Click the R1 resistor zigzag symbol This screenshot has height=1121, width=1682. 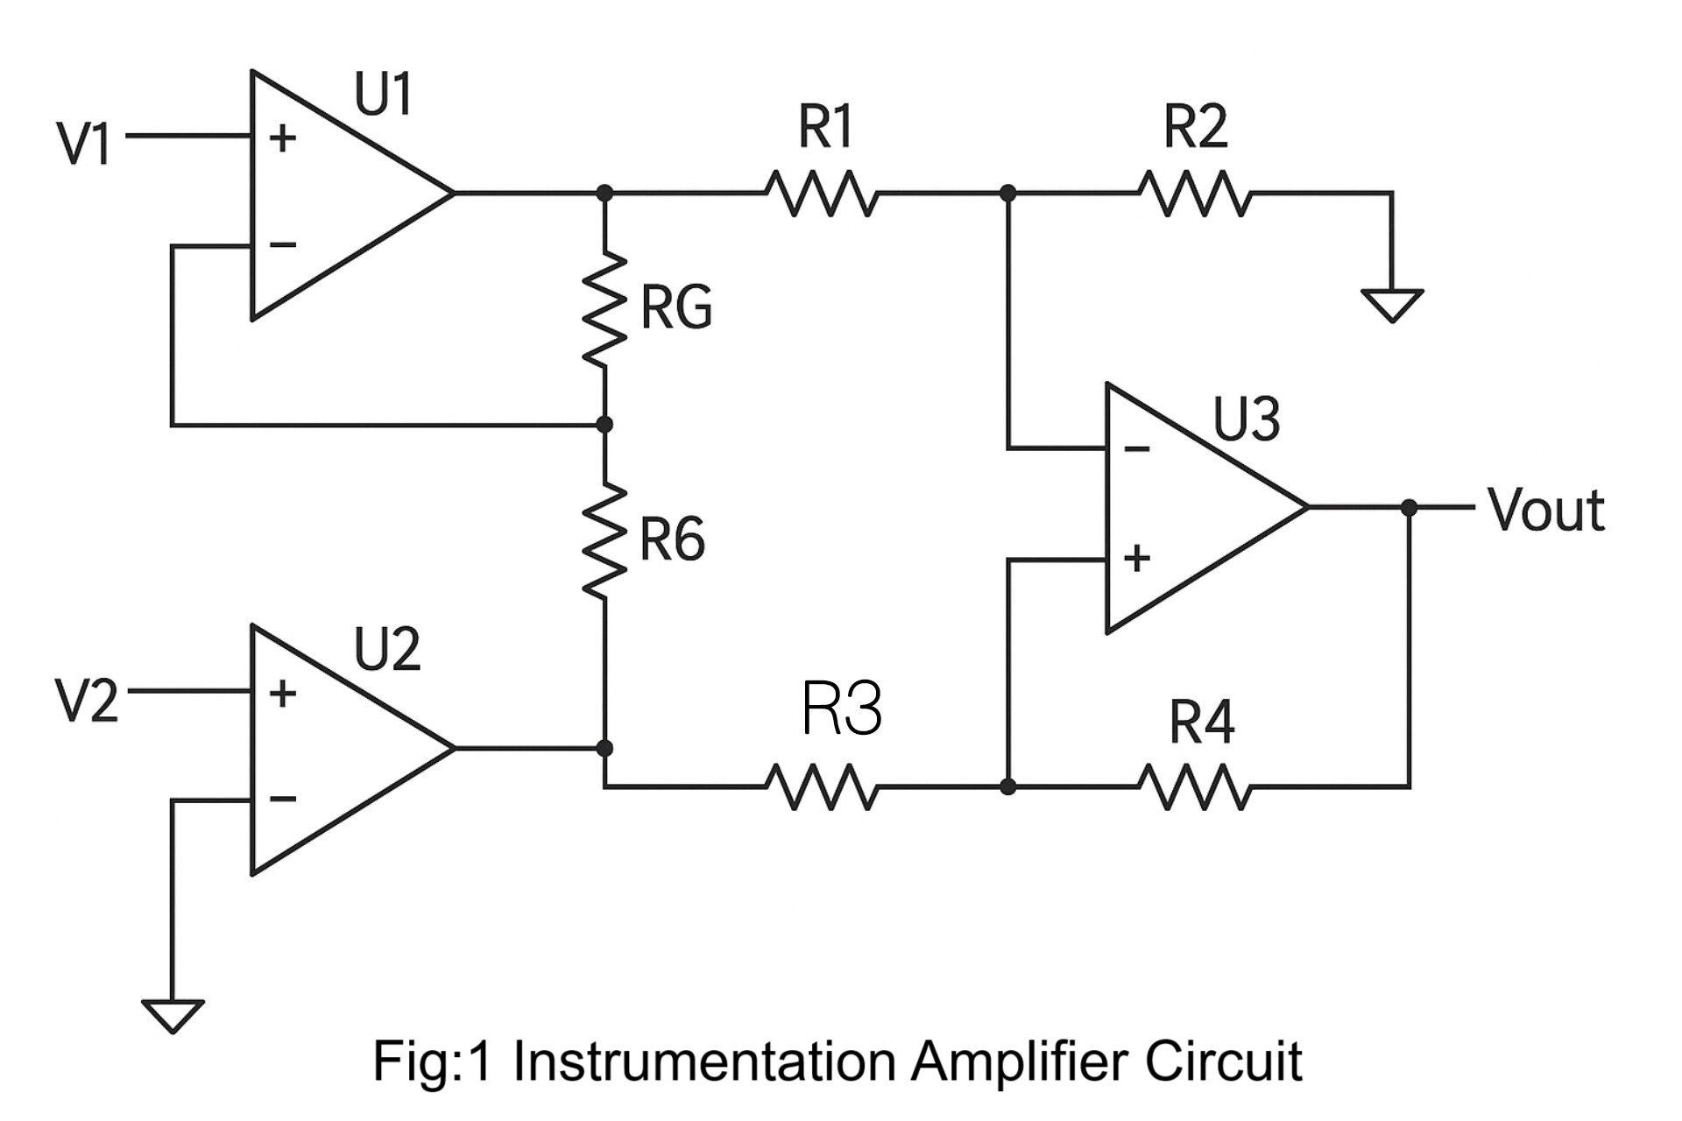point(821,193)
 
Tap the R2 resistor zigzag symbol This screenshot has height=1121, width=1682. point(1195,193)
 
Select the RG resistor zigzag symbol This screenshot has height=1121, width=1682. point(604,309)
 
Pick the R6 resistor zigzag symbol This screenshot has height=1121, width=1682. point(604,540)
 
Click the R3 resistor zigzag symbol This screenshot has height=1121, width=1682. point(821,786)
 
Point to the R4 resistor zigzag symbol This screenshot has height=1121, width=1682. point(1195,786)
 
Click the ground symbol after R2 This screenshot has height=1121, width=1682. point(1392,305)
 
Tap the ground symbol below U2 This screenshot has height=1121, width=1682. point(173,1016)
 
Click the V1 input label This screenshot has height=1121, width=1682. point(83,144)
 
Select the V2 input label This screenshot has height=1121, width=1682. point(86,701)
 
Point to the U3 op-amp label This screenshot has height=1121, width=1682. point(1246,419)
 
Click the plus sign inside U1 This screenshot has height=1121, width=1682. point(282,137)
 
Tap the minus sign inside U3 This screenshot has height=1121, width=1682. point(1136,449)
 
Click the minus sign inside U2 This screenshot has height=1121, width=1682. point(282,799)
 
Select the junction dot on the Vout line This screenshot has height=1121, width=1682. point(1409,507)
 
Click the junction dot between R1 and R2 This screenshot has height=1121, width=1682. point(1008,193)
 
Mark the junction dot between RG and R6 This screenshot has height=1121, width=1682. point(604,425)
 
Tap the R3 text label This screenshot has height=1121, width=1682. point(841,708)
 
